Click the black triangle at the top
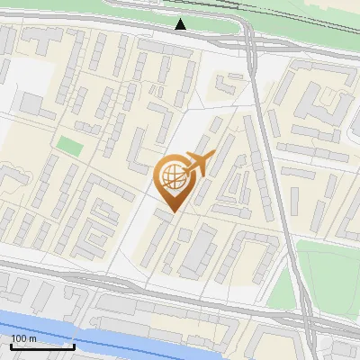pyautogui.click(x=181, y=24)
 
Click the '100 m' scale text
pyautogui.click(x=24, y=337)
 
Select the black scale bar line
pyautogui.click(x=42, y=346)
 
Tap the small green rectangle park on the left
pyautogui.click(x=69, y=143)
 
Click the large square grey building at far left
pyautogui.click(x=32, y=103)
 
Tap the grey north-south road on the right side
pyautogui.click(x=270, y=153)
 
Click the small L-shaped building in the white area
pyautogui.click(x=222, y=86)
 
